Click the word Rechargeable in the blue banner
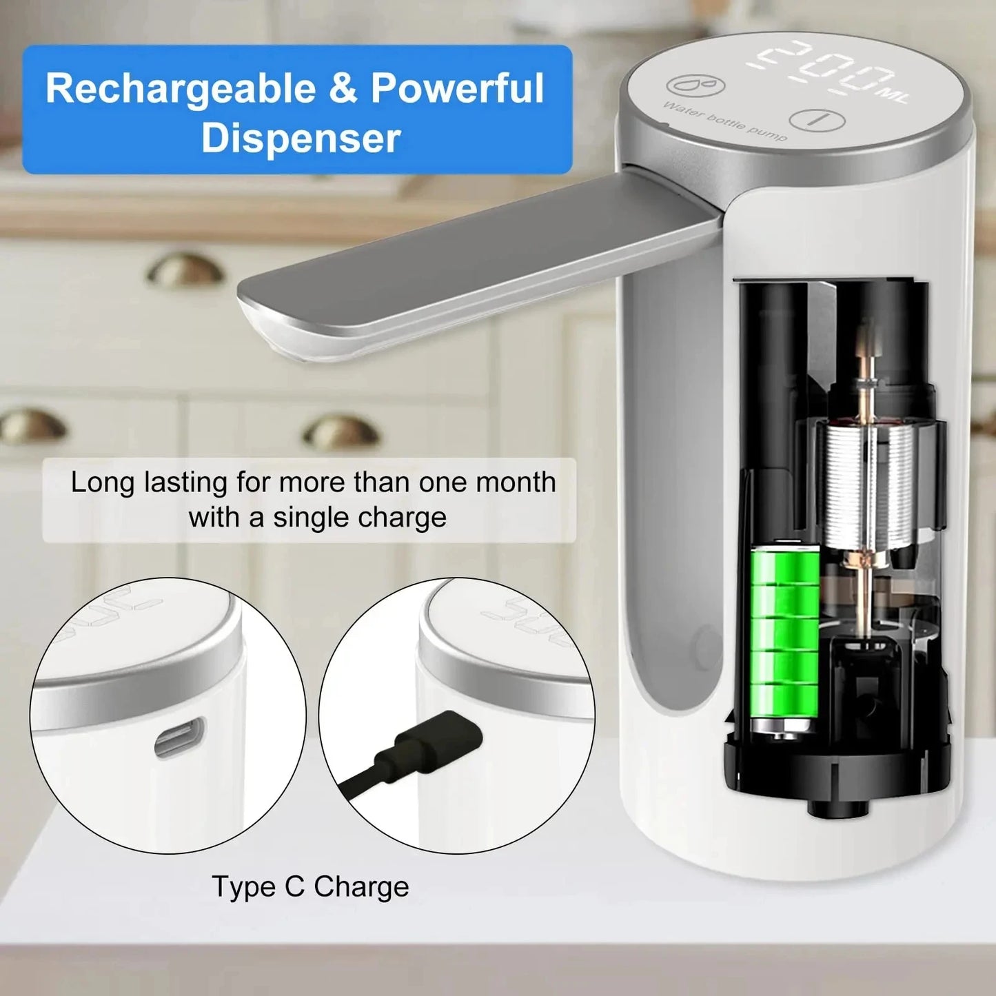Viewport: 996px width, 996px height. pyautogui.click(x=181, y=90)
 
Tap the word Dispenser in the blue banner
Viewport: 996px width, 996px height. pyautogui.click(x=301, y=138)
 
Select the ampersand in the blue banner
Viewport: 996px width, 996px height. pyautogui.click(x=343, y=90)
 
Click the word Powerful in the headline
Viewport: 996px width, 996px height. pyautogui.click(x=458, y=90)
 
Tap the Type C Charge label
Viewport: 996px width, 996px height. pyautogui.click(x=310, y=887)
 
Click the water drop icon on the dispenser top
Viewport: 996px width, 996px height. pyautogui.click(x=696, y=85)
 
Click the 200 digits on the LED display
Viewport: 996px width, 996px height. pyautogui.click(x=824, y=68)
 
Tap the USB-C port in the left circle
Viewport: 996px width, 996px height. pyautogui.click(x=179, y=738)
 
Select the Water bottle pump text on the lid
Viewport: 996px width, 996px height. pyautogui.click(x=724, y=122)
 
